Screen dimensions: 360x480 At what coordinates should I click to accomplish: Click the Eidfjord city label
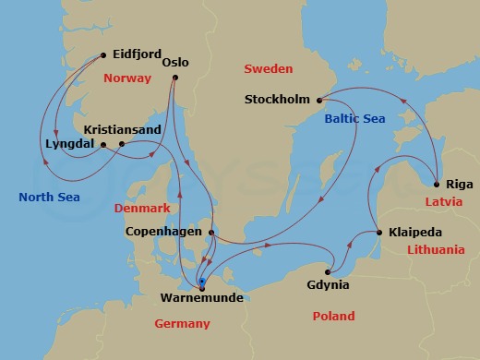coord(139,54)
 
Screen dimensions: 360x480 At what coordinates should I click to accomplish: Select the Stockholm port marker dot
coord(318,100)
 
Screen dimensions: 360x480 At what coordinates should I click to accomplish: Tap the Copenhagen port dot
coord(211,233)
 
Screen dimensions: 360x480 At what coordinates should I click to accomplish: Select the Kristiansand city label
coord(119,129)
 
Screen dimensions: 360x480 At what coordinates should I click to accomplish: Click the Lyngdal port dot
coord(103,144)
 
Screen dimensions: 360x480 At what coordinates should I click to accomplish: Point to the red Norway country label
coord(126,78)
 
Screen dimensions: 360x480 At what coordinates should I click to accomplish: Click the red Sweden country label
coord(268,69)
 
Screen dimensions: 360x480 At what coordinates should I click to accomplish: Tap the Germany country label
coord(183,323)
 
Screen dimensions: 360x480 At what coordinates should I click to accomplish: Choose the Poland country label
coord(332,317)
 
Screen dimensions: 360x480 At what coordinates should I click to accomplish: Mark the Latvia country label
coord(445,200)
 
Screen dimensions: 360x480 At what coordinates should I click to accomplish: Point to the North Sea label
coord(49,197)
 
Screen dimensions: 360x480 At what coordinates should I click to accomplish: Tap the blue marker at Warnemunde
coord(201,281)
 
